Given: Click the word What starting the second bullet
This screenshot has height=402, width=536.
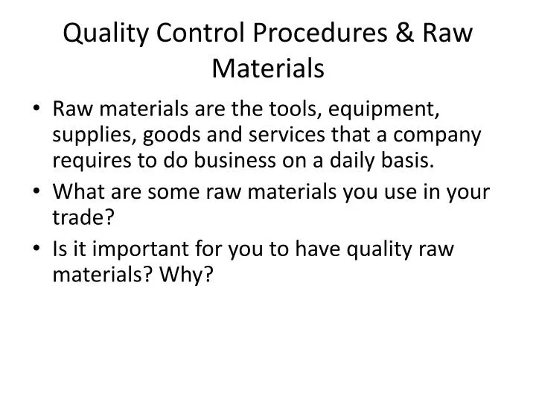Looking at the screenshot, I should [x=77, y=191].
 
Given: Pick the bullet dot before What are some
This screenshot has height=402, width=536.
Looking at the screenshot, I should [x=39, y=191].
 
